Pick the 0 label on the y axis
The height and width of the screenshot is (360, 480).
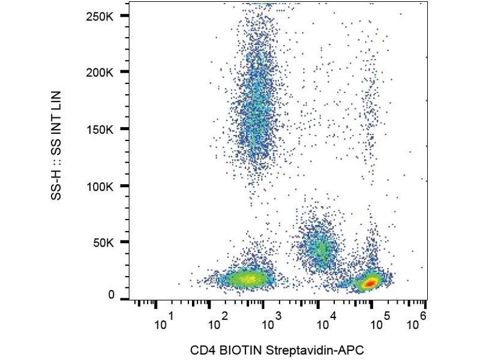112,295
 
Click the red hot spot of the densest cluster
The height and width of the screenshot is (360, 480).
370,281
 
